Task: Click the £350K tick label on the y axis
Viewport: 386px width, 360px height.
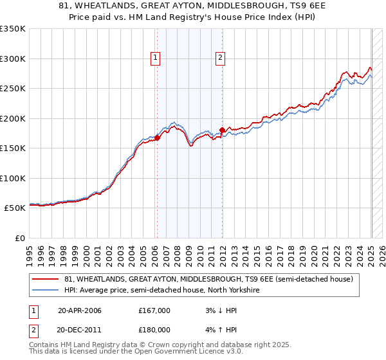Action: pos(13,29)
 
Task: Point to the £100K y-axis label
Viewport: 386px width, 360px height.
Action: pos(13,178)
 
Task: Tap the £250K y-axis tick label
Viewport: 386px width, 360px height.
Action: pos(13,89)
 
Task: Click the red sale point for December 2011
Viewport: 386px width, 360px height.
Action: pos(222,130)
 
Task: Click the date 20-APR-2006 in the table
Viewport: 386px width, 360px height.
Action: pos(79,310)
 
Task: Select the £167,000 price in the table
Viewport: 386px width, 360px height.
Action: pos(154,310)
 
